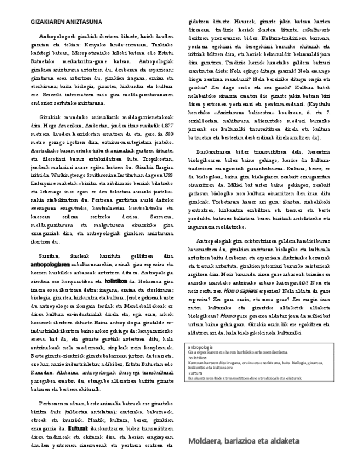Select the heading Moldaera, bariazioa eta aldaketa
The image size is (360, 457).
coord(243,441)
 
